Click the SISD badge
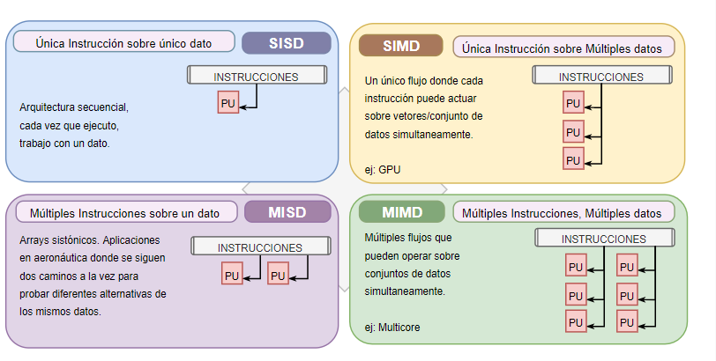tap(287, 43)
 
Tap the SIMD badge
tap(401, 46)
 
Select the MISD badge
tap(287, 212)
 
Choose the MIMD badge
tap(402, 212)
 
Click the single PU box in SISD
tap(227, 102)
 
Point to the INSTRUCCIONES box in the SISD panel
tap(257, 75)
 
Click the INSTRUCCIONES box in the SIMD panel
tap(602, 75)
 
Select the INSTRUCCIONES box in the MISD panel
tap(261, 247)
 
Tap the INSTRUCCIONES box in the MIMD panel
tap(605, 238)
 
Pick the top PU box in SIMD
tap(573, 102)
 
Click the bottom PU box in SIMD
tap(573, 159)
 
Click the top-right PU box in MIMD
tap(627, 266)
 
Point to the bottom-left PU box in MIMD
tap(576, 321)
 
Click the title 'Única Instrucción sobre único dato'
tap(123, 43)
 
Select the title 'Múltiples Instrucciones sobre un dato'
tap(124, 213)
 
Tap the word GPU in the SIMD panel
tap(390, 170)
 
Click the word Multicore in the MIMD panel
tap(399, 328)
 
